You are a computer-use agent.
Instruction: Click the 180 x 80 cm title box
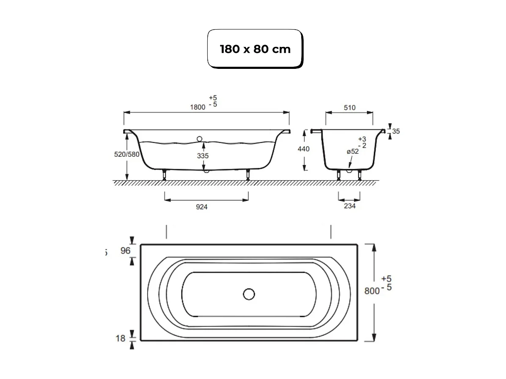[255, 49]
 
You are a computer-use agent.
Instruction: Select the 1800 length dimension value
[197, 107]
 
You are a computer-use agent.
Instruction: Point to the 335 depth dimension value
[203, 156]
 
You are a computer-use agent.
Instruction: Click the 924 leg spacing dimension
[202, 207]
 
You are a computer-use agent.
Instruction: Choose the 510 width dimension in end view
[349, 107]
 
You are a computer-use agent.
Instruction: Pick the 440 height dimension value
[303, 149]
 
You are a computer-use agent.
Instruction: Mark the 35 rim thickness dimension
[395, 131]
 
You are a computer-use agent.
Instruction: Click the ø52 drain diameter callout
[352, 152]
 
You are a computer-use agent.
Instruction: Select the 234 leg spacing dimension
[349, 206]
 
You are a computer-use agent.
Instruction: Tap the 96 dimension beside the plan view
[125, 251]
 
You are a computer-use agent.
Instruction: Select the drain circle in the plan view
[249, 294]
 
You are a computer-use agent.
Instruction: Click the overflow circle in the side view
[199, 138]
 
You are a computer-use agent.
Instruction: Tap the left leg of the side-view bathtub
[164, 175]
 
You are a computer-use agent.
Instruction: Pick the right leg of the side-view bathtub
[248, 175]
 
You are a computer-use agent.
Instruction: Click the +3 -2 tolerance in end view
[362, 142]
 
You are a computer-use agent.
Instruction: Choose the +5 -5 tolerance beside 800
[386, 283]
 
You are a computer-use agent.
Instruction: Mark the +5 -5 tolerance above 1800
[213, 101]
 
